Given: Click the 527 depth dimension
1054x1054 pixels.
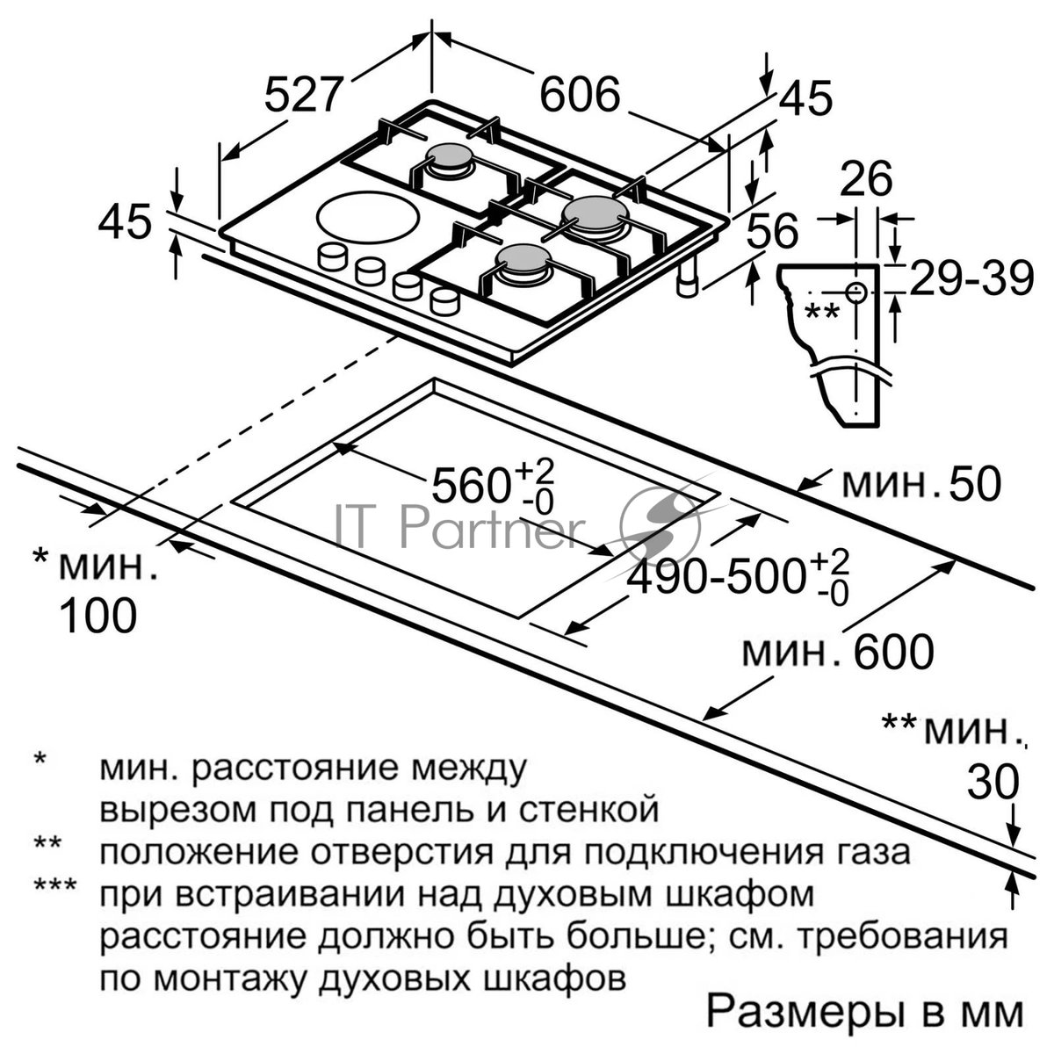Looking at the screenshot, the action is point(304,95).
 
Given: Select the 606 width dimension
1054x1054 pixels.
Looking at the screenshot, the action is point(580,95).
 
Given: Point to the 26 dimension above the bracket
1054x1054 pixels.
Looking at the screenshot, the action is point(866,179).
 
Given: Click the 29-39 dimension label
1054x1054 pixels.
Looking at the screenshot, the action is point(971,279).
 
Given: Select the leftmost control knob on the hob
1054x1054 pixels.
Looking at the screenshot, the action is point(333,256).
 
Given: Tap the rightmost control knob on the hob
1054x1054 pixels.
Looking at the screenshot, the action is point(444,301).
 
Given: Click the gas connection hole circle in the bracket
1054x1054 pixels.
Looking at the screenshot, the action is point(855,292).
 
